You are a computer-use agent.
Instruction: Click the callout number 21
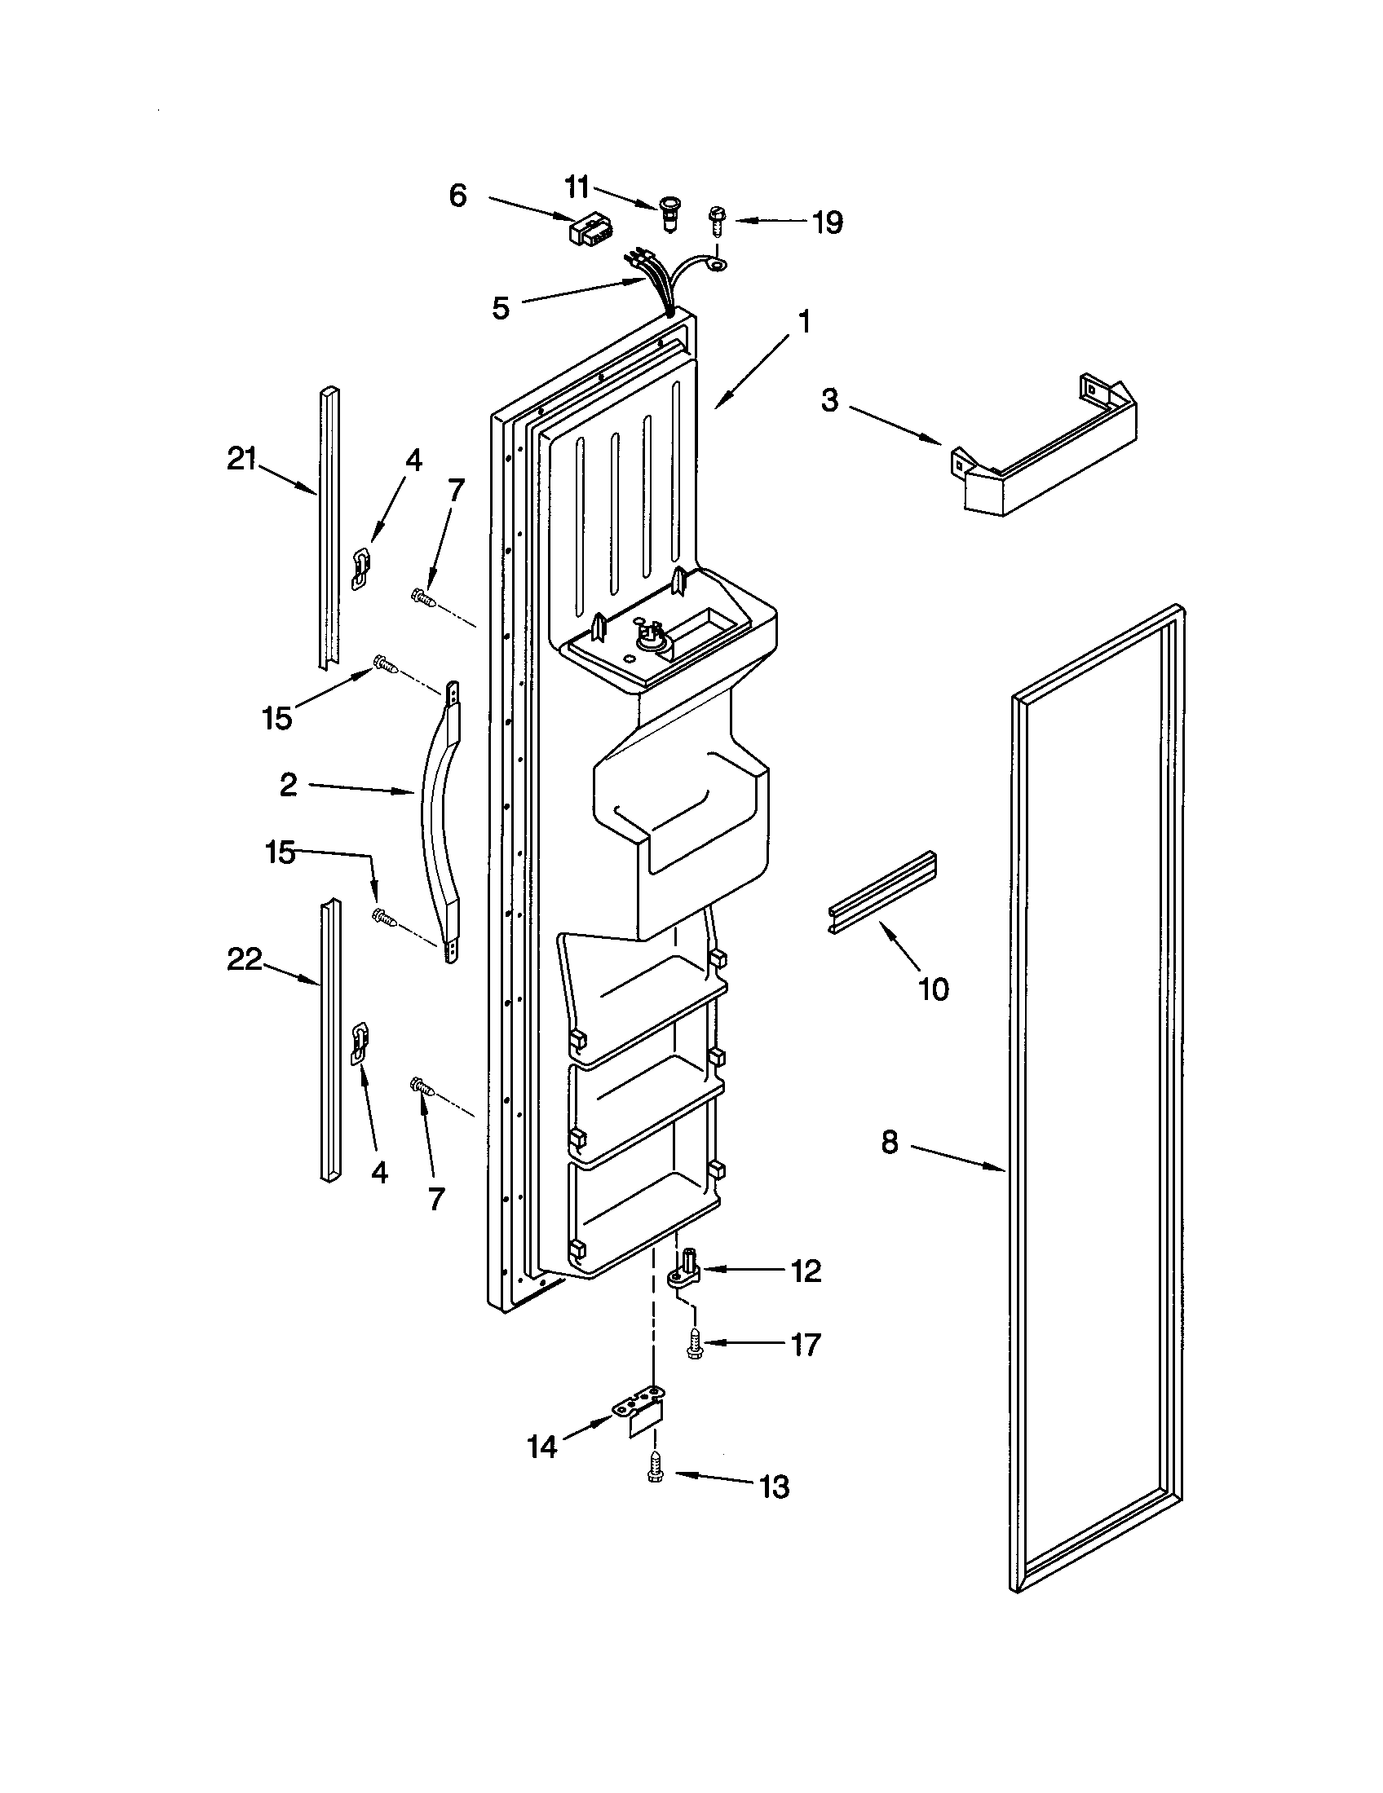[241, 459]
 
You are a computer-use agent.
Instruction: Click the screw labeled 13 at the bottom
[655, 1467]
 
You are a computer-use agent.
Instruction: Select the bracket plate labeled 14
[640, 1413]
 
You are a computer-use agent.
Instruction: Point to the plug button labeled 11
[669, 212]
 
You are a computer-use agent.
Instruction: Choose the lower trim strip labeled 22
[330, 1038]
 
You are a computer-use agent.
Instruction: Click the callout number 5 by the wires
[500, 308]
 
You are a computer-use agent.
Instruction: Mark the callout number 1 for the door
[805, 322]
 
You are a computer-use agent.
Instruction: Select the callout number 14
[542, 1447]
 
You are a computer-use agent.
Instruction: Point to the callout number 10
[934, 989]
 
